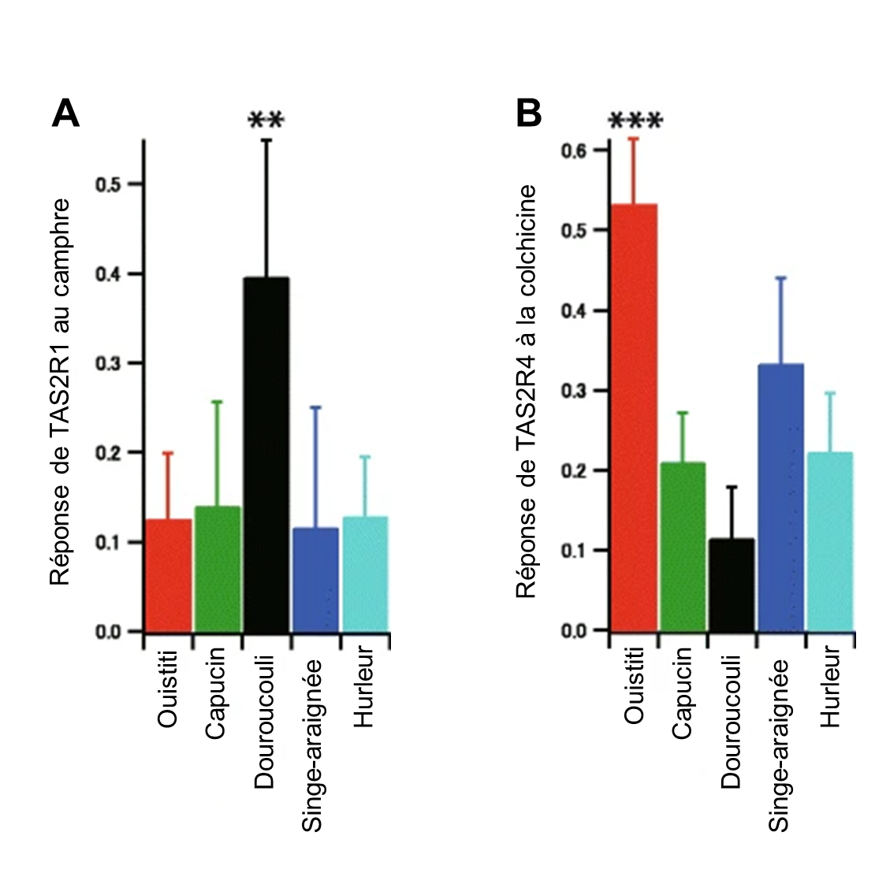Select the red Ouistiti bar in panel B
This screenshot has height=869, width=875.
pyautogui.click(x=633, y=418)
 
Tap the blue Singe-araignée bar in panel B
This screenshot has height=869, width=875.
pyautogui.click(x=780, y=497)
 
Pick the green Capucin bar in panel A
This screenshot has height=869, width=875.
pyautogui.click(x=218, y=568)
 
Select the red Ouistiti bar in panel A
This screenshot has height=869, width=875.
pyautogui.click(x=168, y=575)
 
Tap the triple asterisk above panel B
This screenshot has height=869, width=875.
pyautogui.click(x=635, y=121)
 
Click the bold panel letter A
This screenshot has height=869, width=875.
pyautogui.click(x=65, y=114)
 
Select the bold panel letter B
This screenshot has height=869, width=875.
pyautogui.click(x=529, y=114)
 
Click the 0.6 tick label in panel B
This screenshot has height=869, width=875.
pyautogui.click(x=575, y=150)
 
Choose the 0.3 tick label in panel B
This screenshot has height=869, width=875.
pyautogui.click(x=575, y=391)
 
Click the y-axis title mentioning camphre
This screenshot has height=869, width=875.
pyautogui.click(x=61, y=392)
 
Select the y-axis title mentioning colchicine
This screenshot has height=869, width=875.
pyautogui.click(x=527, y=392)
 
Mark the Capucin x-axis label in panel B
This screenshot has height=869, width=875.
pyautogui.click(x=683, y=692)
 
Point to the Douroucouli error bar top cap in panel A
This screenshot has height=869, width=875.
pyautogui.click(x=266, y=140)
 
